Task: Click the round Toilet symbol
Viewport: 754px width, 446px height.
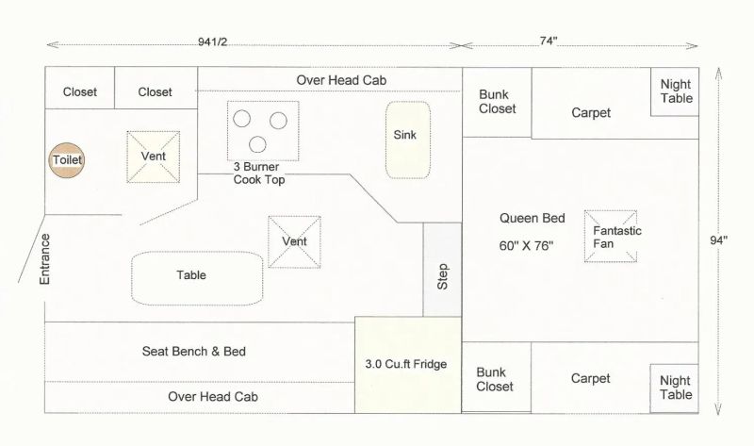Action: pos(67,160)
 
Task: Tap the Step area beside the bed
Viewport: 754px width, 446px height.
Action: pos(442,269)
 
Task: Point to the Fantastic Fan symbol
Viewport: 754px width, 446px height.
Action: pos(610,236)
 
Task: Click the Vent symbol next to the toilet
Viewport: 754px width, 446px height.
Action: pos(154,157)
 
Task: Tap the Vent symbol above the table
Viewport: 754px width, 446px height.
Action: pos(294,242)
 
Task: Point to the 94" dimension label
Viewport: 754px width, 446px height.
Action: pos(721,240)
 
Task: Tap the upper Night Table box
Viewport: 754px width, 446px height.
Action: pos(675,91)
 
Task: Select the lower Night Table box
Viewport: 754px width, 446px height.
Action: pos(675,388)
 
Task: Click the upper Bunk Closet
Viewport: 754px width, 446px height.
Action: pos(497,102)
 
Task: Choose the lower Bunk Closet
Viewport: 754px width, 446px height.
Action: pos(497,379)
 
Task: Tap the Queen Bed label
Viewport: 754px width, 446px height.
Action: pos(533,219)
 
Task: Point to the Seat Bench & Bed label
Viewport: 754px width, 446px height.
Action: pos(193,352)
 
